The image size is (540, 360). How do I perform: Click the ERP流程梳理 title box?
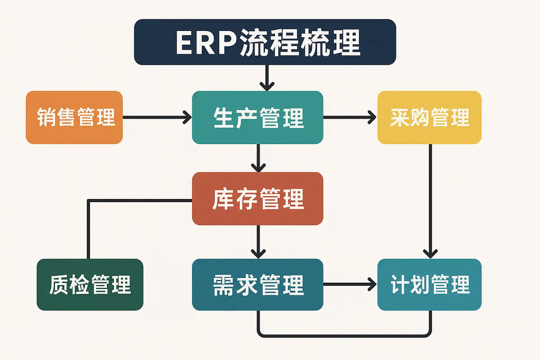click(x=265, y=42)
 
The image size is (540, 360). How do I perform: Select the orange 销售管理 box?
click(x=74, y=117)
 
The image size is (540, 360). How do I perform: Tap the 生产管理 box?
click(x=257, y=117)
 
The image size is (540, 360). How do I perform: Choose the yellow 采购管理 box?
click(x=429, y=117)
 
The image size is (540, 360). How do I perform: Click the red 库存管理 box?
click(x=257, y=199)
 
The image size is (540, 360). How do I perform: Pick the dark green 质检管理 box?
click(x=90, y=285)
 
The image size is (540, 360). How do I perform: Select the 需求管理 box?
click(x=257, y=285)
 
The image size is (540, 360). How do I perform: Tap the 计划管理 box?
click(x=429, y=285)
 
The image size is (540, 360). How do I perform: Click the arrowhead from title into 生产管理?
click(x=267, y=86)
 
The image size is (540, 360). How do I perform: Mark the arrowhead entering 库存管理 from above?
click(x=258, y=167)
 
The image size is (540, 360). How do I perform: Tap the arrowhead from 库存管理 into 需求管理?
click(x=258, y=253)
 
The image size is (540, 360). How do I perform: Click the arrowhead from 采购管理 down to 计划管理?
click(x=430, y=253)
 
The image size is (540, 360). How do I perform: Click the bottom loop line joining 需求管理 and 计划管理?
click(x=345, y=336)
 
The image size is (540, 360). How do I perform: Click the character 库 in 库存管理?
click(x=223, y=199)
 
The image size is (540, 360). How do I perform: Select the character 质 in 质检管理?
click(x=59, y=285)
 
